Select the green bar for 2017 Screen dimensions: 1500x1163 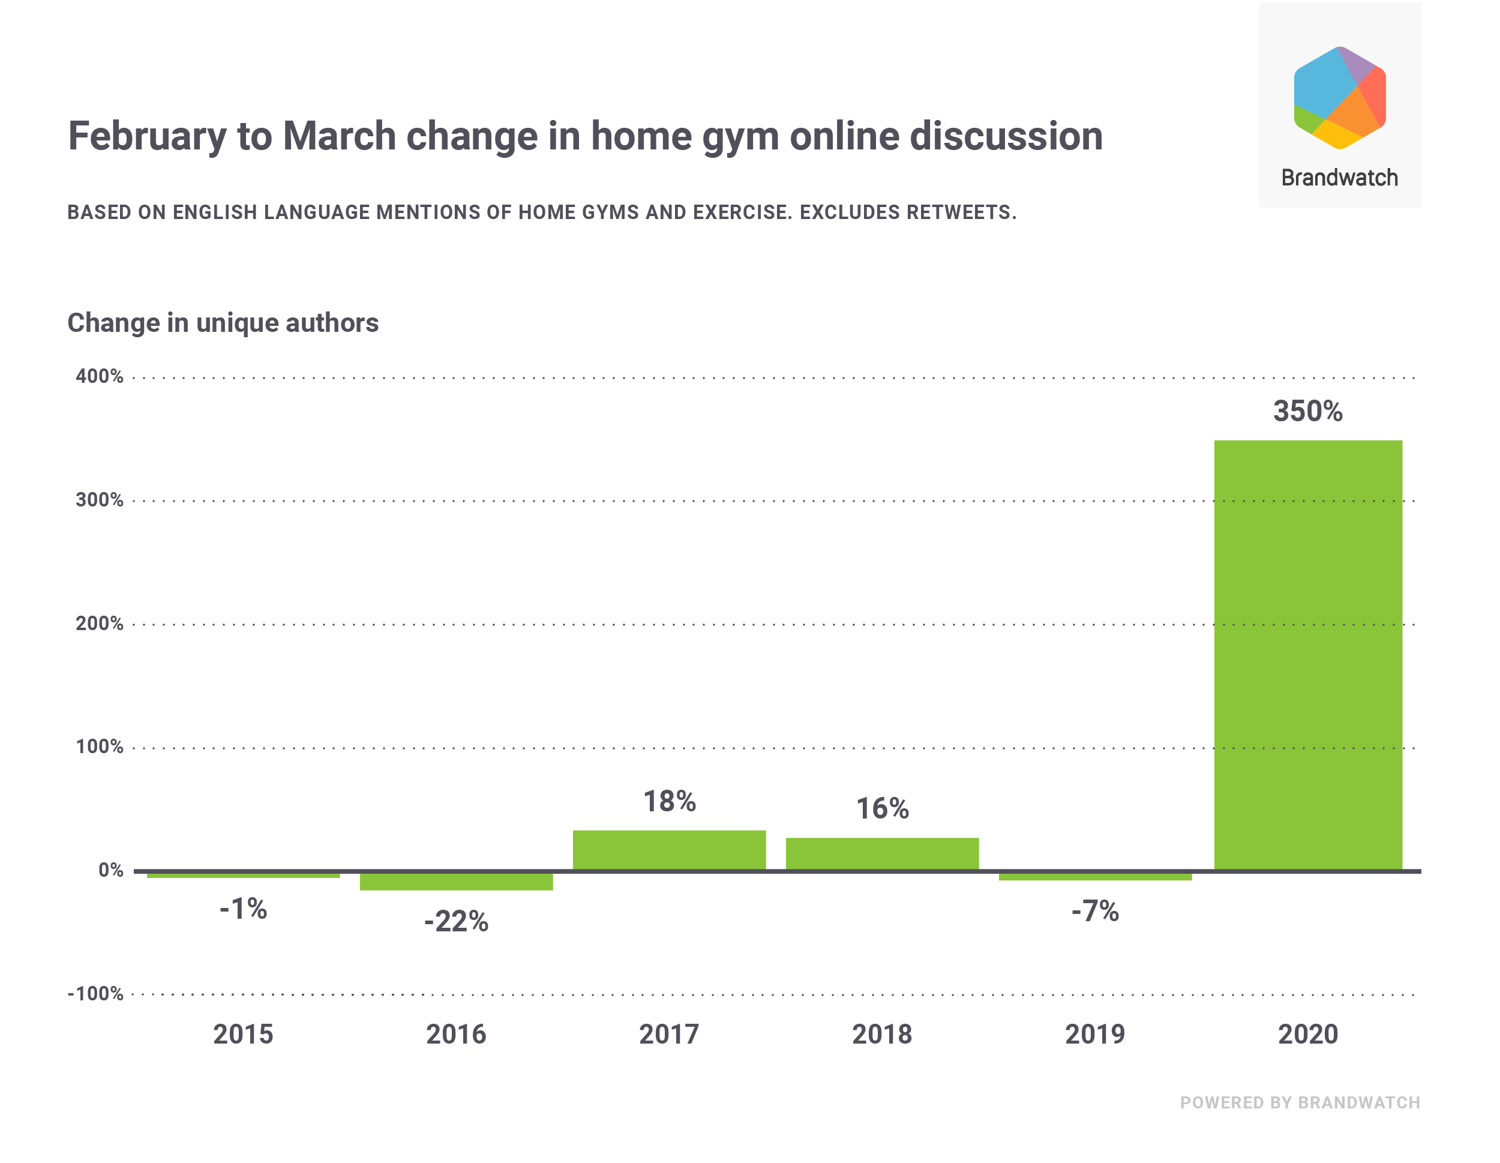669,850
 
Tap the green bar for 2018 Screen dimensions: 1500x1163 882,854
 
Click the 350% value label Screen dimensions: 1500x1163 1307,412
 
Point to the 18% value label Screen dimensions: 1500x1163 670,802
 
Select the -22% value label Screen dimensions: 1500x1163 456,922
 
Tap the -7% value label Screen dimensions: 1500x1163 1095,912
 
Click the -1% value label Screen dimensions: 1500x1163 243,909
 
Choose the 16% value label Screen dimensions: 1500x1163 883,808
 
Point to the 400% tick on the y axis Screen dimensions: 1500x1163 100,376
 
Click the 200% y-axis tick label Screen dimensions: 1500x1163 100,624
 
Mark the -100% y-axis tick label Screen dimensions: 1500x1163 95,994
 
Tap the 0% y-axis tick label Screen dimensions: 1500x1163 110,870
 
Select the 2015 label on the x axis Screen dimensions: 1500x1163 243,1035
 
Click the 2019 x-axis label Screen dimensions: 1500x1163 1095,1035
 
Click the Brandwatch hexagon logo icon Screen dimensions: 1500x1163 1339,98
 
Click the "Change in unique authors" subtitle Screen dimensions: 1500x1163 223,323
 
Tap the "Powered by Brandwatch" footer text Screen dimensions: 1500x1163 1300,1102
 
